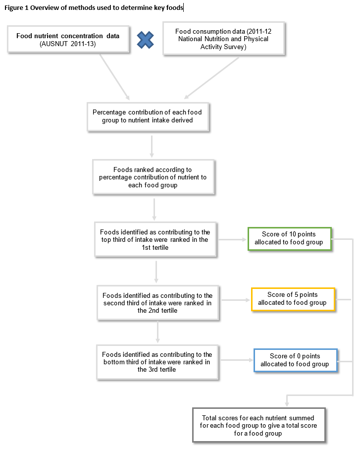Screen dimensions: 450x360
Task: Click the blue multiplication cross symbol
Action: [145, 40]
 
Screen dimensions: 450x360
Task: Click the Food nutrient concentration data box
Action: [68, 39]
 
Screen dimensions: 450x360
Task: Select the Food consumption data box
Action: [224, 39]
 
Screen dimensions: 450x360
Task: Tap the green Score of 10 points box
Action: [289, 238]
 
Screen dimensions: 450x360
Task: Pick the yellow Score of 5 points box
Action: [293, 299]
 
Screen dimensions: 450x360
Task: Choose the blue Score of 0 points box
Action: [295, 360]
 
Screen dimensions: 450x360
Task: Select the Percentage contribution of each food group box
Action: [147, 116]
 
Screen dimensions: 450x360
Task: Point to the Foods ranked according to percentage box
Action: [153, 177]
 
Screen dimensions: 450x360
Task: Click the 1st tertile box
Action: [155, 239]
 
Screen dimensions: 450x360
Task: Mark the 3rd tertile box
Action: [156, 362]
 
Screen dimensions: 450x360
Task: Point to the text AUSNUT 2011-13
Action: [68, 44]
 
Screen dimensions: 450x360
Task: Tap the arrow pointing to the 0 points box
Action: [236, 361]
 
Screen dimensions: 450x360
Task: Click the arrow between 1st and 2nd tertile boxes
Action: [156, 270]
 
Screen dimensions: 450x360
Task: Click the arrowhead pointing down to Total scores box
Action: [287, 404]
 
